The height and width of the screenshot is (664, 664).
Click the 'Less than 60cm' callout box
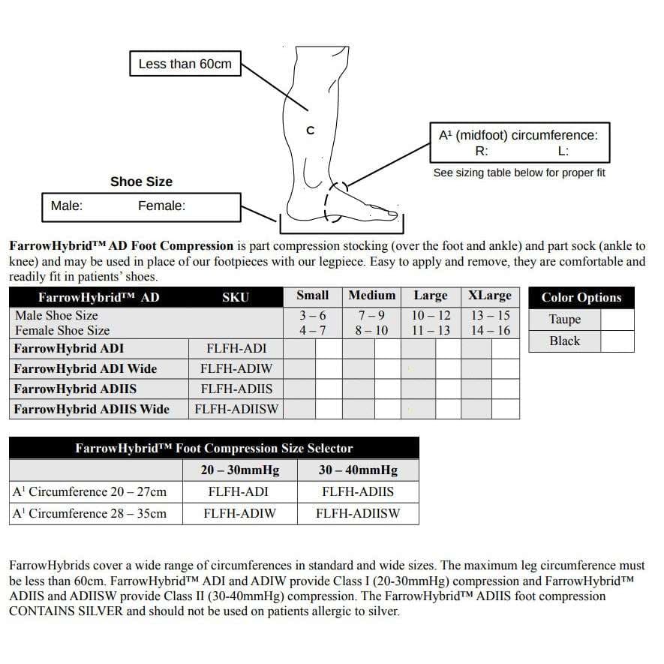click(x=185, y=64)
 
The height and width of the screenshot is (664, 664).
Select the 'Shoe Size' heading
click(x=141, y=182)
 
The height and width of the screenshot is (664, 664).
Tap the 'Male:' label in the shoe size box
click(x=67, y=206)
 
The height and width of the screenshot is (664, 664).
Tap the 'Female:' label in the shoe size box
click(x=161, y=206)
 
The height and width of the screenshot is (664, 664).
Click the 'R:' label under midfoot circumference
click(x=482, y=151)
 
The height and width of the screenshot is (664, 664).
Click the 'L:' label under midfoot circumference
click(x=563, y=151)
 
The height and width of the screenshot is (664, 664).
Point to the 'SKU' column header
click(x=236, y=297)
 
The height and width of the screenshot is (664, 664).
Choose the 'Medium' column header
click(x=371, y=296)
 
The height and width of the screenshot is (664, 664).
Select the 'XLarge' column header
click(x=490, y=296)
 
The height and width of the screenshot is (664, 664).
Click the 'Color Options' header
click(x=581, y=297)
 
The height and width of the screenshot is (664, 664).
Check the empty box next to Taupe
click(x=617, y=320)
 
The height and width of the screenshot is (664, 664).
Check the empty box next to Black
click(x=617, y=341)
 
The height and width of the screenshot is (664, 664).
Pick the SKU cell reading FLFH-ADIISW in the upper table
click(x=236, y=409)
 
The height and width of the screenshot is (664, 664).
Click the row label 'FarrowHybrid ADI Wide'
click(x=86, y=368)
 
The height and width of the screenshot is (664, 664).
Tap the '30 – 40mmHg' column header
click(x=358, y=470)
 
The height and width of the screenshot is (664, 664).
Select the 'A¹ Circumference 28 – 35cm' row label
click(x=90, y=513)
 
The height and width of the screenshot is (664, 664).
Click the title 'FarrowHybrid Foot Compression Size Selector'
click(x=214, y=449)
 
